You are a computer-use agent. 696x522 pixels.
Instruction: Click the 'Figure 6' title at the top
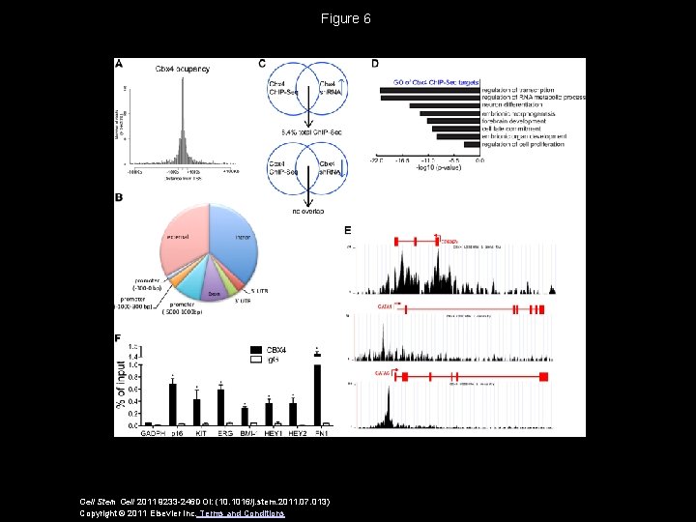347,18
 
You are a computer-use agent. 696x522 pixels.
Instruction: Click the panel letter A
119,64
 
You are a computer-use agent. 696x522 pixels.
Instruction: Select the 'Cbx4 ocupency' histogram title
183,69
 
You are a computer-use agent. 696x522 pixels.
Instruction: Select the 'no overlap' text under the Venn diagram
305,210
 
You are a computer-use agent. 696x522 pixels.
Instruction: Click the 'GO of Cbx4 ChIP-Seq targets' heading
436,82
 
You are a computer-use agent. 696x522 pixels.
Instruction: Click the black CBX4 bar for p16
172,404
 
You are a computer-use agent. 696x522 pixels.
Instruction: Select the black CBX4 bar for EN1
317,394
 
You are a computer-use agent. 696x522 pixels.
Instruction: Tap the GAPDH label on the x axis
152,432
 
